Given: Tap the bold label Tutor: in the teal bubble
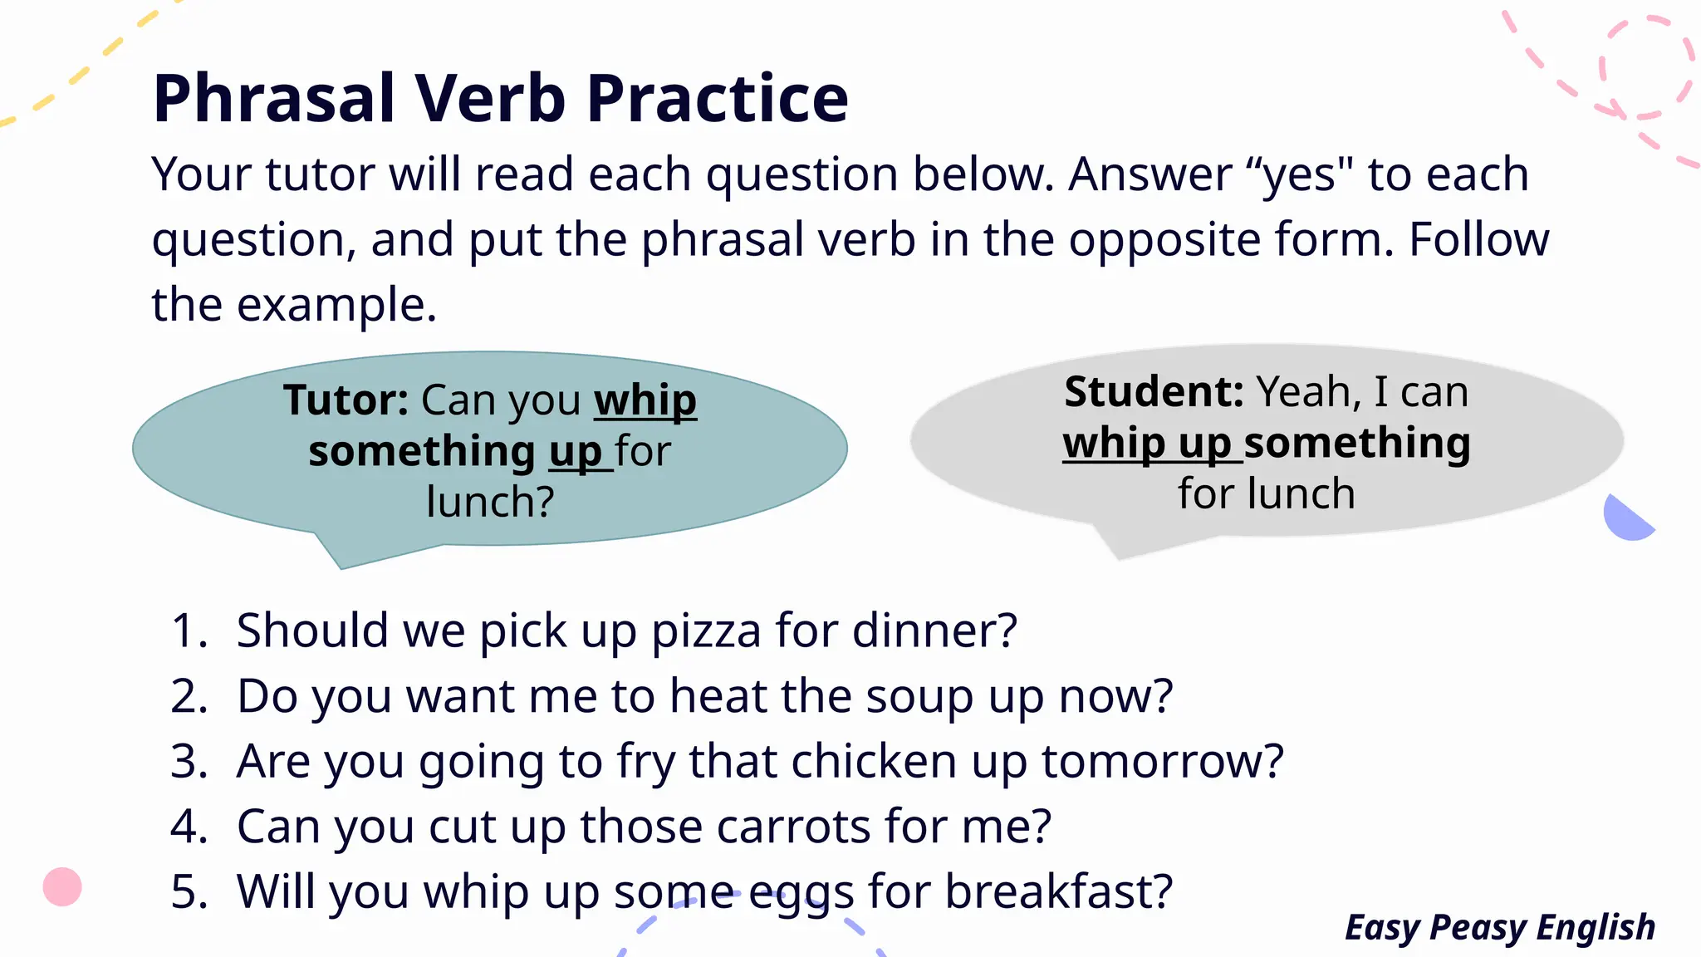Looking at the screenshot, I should coord(346,400).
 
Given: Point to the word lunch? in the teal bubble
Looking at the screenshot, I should coord(490,503).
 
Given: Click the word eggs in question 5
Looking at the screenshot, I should coord(801,893).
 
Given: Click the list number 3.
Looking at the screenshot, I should coord(189,761).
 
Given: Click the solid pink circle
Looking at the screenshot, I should coord(62,886).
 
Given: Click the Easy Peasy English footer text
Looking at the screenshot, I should coord(1500,927).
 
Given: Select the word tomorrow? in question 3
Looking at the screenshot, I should coord(1162,761).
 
